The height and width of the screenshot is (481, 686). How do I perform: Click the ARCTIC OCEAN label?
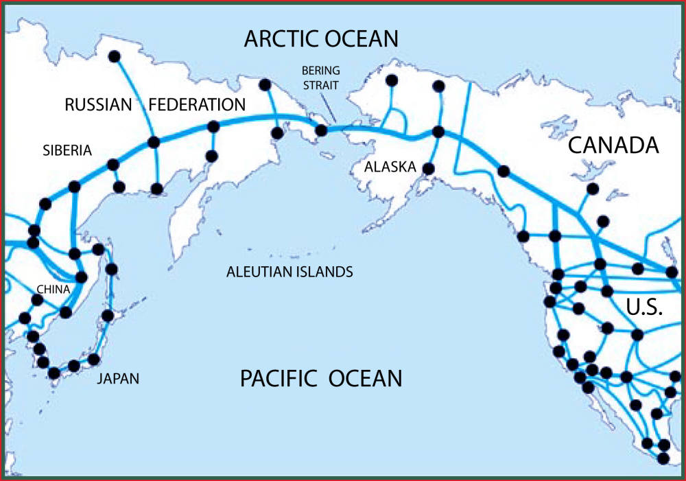(x=321, y=38)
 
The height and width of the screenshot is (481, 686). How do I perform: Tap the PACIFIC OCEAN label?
(x=320, y=378)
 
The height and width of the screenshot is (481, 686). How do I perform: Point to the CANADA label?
(x=613, y=145)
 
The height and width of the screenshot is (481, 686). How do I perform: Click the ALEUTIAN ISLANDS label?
(x=289, y=272)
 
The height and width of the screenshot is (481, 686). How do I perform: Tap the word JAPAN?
(x=117, y=378)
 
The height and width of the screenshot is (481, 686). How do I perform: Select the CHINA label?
(x=53, y=289)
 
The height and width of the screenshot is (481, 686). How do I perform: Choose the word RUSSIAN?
(x=97, y=105)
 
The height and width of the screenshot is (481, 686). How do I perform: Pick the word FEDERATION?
(x=197, y=105)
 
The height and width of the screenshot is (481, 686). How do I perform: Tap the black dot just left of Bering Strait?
(x=320, y=130)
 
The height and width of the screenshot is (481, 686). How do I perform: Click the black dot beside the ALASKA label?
(x=429, y=168)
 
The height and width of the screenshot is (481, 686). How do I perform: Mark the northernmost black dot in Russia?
(x=114, y=56)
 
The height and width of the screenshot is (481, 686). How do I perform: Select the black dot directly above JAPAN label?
(x=95, y=359)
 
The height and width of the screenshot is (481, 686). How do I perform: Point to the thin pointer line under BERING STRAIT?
(x=331, y=114)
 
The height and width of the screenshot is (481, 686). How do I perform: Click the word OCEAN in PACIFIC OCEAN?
(x=364, y=378)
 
